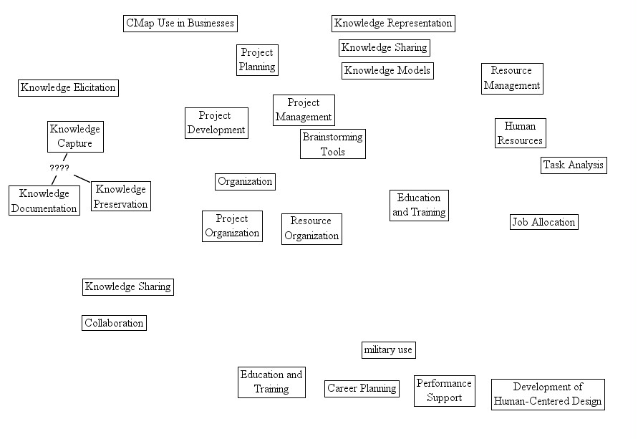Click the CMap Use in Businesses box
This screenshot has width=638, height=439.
[180, 24]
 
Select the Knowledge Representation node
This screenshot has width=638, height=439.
[393, 24]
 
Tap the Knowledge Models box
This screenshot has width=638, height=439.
[387, 70]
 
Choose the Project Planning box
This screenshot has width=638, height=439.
[257, 60]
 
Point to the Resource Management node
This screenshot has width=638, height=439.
[512, 78]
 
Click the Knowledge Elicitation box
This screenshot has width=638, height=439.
[68, 88]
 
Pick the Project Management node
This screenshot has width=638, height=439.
[304, 110]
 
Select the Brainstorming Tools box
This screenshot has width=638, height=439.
[333, 144]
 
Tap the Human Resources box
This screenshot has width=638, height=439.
[520, 134]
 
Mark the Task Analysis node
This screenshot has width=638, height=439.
[574, 165]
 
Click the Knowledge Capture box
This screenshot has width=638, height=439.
[75, 136]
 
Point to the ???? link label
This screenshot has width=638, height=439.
[59, 168]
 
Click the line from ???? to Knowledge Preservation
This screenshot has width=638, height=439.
[82, 177]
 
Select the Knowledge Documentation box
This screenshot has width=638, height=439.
[44, 201]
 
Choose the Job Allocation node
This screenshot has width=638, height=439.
[543, 222]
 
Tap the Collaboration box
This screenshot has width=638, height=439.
[115, 323]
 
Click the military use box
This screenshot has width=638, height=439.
[388, 350]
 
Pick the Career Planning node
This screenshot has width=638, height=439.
[362, 389]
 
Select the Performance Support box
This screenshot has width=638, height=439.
[445, 391]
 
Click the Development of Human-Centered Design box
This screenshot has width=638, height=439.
[548, 395]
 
